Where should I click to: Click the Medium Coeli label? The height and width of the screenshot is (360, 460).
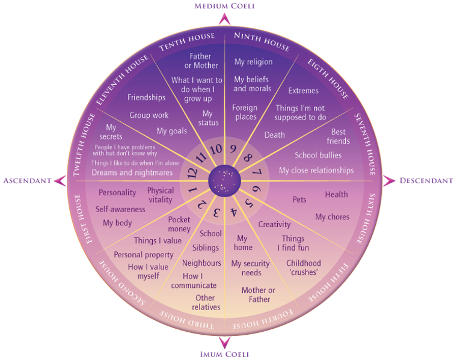(224, 6)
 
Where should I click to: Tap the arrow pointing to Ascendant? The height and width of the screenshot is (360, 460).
(61, 180)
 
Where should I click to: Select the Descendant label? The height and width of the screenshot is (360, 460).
(426, 180)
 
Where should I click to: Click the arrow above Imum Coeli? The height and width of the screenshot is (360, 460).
(224, 343)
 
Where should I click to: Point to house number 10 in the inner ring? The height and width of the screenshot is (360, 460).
(216, 149)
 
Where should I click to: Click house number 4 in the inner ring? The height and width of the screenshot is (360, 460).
(234, 212)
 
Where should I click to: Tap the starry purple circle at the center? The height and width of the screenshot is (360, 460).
(224, 181)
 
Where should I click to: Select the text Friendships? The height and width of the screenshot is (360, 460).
(146, 97)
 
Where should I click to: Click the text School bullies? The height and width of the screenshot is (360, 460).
(318, 155)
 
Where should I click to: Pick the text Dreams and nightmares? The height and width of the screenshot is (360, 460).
(132, 172)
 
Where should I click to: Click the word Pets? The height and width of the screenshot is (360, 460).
(299, 200)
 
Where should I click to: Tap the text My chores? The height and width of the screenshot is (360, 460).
(333, 217)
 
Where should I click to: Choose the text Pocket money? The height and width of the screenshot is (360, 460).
(179, 224)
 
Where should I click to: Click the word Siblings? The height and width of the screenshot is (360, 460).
(206, 248)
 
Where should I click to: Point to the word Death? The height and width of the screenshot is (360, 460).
(275, 135)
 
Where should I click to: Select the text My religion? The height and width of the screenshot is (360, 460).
(254, 62)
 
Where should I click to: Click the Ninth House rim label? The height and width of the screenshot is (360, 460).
(262, 41)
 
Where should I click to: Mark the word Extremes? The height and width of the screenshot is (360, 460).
(303, 91)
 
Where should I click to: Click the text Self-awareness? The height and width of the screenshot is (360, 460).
(120, 209)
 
